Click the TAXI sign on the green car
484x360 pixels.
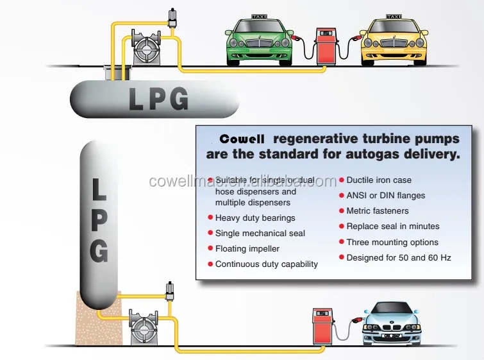260,17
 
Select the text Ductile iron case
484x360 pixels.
379,180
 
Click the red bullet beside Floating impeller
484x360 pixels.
210,249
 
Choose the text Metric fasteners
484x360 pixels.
377,211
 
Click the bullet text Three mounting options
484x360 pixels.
392,242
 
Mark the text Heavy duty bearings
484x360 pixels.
255,218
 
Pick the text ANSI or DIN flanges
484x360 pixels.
385,196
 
